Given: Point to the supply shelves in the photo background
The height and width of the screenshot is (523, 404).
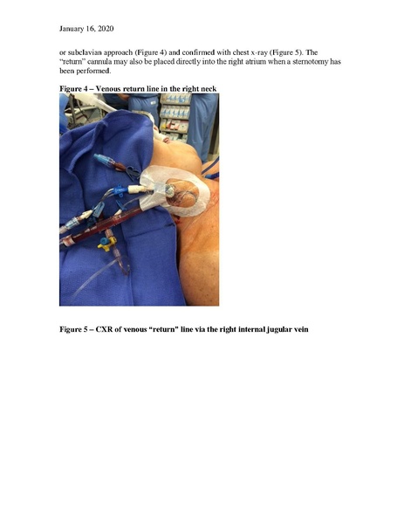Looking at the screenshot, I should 175,114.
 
